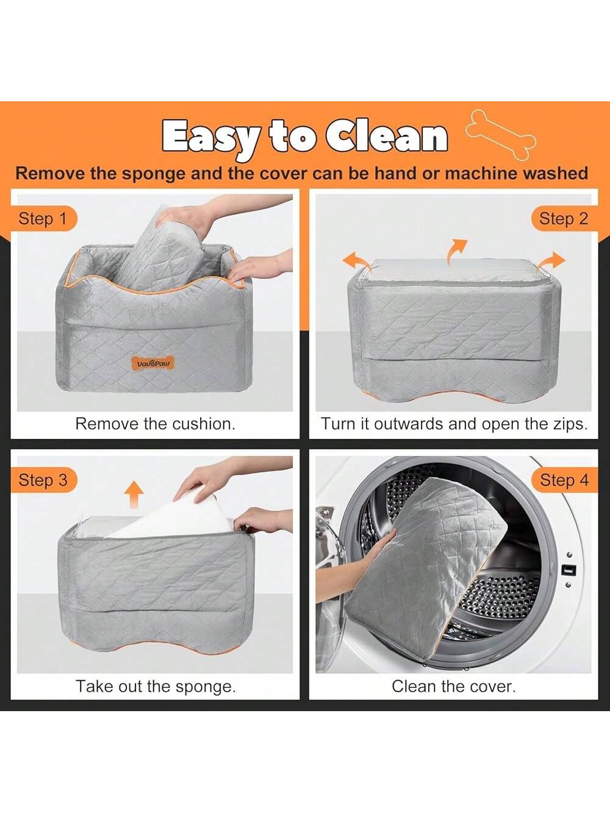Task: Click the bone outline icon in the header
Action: click(501, 134)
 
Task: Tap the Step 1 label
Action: click(43, 218)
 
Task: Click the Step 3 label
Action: click(43, 480)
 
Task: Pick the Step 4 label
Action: click(564, 480)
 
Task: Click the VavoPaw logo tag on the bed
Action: click(153, 364)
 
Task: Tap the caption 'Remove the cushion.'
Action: click(155, 424)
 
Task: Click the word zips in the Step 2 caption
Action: click(571, 424)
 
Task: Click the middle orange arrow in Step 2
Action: click(457, 251)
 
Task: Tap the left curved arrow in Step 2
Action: click(357, 262)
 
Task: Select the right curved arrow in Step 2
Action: click(551, 262)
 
